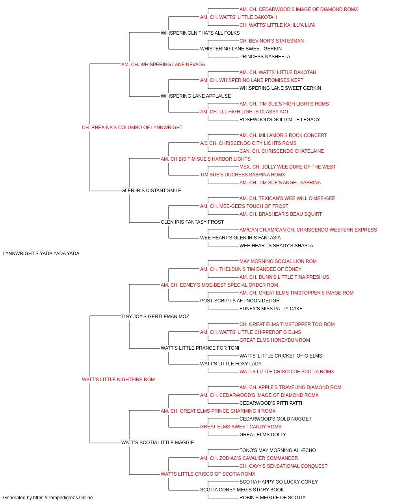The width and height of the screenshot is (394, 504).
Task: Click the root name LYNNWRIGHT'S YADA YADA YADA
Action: (x=41, y=254)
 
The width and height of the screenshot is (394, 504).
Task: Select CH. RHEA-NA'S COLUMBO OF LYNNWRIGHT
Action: (x=132, y=128)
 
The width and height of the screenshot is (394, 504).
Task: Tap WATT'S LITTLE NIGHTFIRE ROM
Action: (x=118, y=380)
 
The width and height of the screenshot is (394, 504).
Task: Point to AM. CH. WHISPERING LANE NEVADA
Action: (x=163, y=65)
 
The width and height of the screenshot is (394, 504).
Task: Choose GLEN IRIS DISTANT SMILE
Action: (x=151, y=191)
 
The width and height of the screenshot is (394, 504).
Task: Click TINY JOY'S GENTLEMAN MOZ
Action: (x=155, y=316)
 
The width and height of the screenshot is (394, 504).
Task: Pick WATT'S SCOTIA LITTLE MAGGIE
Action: (x=157, y=442)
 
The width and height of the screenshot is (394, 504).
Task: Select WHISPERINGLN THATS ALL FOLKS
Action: (x=200, y=33)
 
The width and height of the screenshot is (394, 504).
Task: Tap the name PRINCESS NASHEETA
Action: (x=264, y=57)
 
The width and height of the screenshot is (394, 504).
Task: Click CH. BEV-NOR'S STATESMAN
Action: (x=271, y=41)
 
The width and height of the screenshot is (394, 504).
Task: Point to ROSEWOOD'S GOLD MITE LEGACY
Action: (x=280, y=120)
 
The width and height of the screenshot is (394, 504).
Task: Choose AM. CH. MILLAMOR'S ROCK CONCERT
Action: (x=283, y=135)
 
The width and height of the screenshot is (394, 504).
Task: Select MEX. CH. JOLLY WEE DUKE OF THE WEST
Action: (x=288, y=167)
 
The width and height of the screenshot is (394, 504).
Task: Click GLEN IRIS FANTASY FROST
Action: (x=192, y=222)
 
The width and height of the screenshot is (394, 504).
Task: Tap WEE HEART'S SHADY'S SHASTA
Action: (x=276, y=246)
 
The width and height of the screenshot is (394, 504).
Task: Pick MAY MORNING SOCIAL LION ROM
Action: (x=278, y=261)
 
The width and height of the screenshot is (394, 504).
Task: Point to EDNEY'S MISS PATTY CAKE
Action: (x=271, y=308)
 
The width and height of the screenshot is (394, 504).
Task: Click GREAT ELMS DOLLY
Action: (x=263, y=434)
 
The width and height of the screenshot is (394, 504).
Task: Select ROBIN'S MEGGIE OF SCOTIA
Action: (x=272, y=498)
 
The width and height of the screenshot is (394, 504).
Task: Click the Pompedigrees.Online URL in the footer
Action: (x=63, y=498)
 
